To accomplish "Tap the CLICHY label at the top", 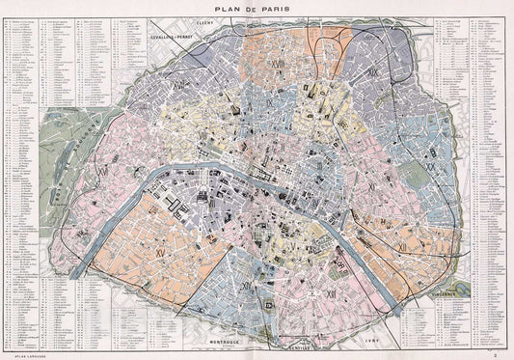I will click(204, 21).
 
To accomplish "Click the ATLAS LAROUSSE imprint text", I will click(23, 354).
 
